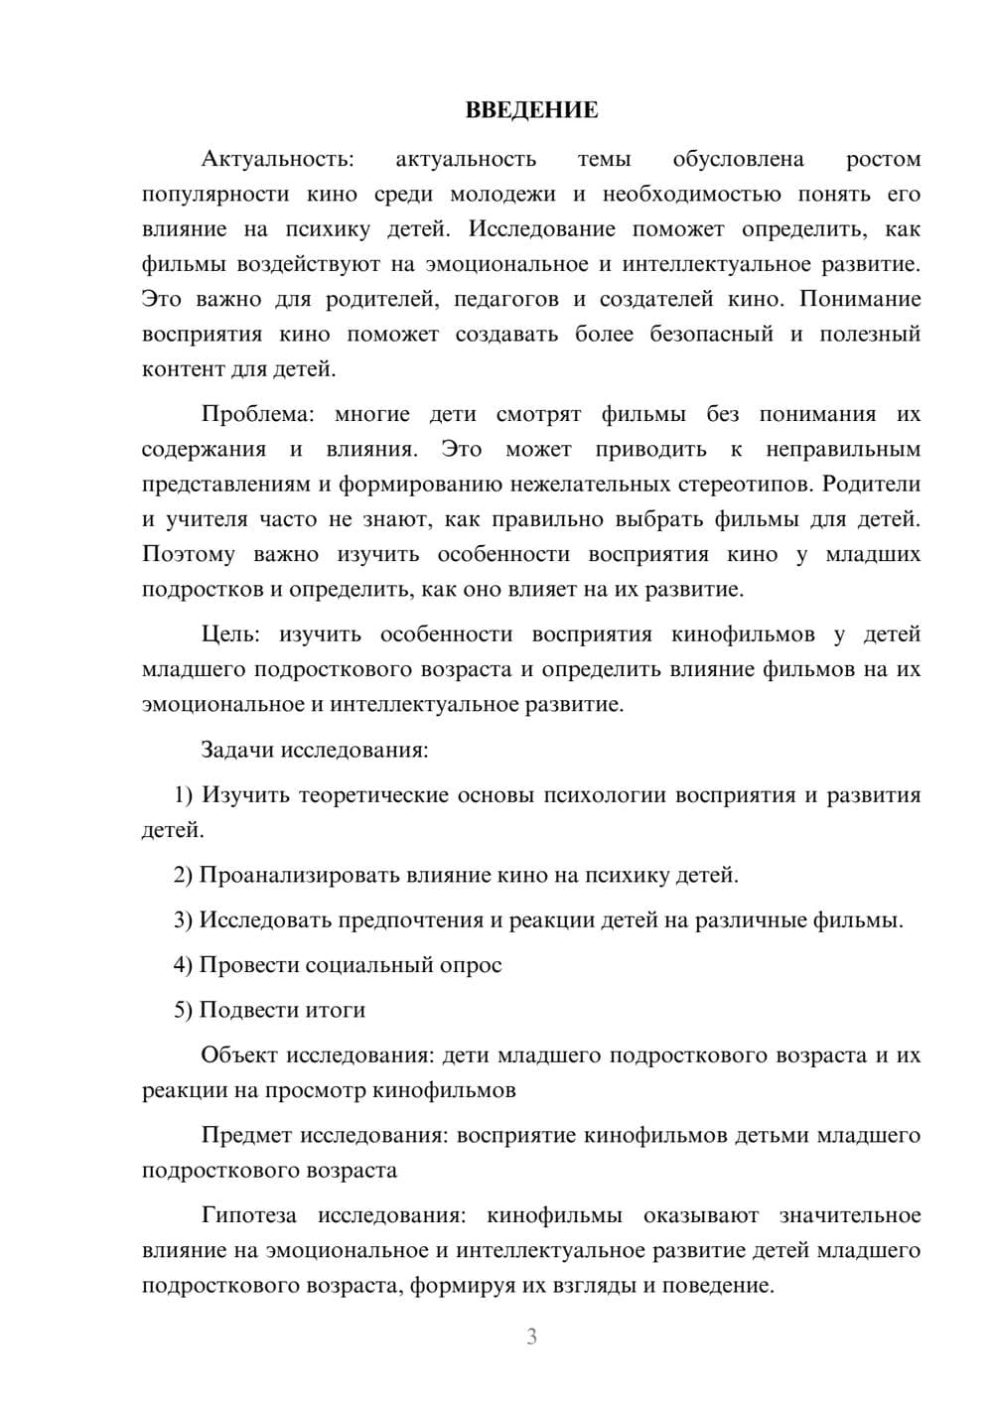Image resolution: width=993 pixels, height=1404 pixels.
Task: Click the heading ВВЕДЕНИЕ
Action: pos(531,110)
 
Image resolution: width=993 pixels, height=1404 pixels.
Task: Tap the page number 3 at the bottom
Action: pos(531,1336)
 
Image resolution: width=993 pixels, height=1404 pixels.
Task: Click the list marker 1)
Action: pos(184,795)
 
